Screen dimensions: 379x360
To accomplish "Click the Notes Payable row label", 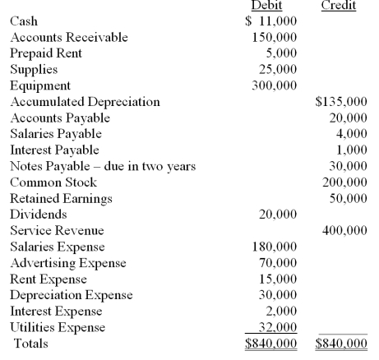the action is [102, 167].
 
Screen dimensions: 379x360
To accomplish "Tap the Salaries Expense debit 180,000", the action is [275, 247].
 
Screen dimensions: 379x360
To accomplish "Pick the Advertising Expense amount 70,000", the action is [279, 263].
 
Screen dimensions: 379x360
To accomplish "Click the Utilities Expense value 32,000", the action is [279, 327].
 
